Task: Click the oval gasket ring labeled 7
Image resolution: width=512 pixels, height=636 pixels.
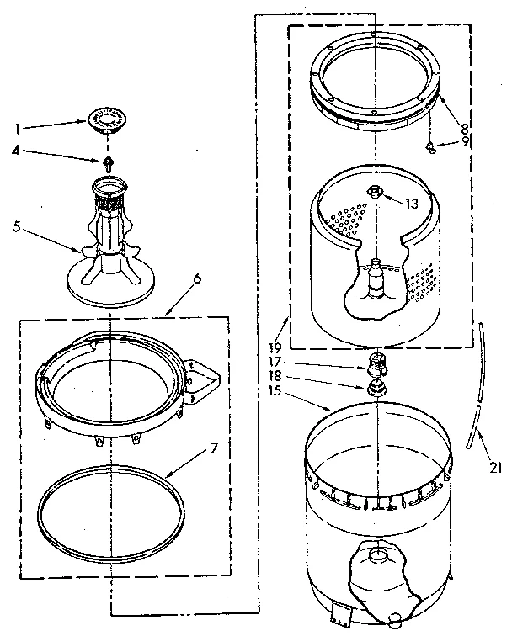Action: pyautogui.click(x=111, y=511)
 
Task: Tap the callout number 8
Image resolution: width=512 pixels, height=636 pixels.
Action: pyautogui.click(x=465, y=128)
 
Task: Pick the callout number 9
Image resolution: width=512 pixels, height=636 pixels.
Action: pyautogui.click(x=465, y=142)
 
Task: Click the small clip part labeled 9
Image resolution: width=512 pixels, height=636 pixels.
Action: pyautogui.click(x=432, y=149)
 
